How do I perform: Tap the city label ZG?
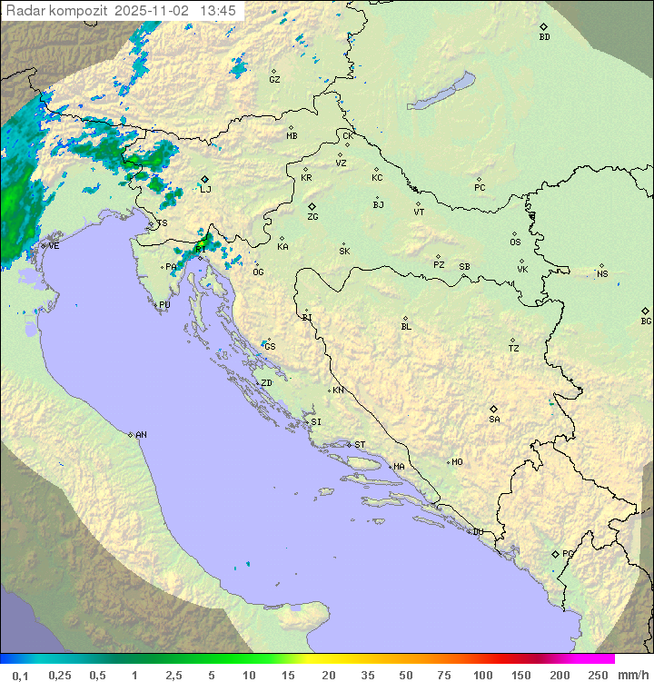312,217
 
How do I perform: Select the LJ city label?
205,189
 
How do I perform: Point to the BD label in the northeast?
544,37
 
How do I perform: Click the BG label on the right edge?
646,321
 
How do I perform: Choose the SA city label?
494,419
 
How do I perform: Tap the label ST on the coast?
360,445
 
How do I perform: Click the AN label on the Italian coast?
141,435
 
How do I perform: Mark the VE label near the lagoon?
54,246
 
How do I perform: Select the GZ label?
274,79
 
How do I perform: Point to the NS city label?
602,273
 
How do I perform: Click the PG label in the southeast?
568,553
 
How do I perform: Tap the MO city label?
457,462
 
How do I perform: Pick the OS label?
515,242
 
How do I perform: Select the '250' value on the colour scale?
598,675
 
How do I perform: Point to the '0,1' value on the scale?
21,675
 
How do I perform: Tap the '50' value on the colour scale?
405,675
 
